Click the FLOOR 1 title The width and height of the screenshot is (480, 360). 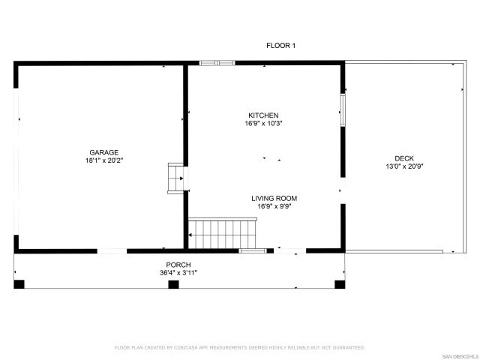coord(281,46)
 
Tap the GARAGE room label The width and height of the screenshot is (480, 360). coord(104,152)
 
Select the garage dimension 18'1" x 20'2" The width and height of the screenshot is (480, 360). coord(104,160)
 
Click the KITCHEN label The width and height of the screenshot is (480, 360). coord(264,115)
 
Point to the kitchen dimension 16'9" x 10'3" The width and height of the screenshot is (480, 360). coord(264,123)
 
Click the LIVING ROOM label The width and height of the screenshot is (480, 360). coord(274,198)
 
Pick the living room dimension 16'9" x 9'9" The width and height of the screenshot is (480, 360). coord(274,206)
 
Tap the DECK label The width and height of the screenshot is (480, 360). coord(404,158)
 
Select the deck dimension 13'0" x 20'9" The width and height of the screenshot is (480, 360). coord(404,166)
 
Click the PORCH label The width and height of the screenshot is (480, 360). coord(178,265)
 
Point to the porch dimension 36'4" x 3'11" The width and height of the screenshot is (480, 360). coord(178,273)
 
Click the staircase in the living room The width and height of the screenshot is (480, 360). coord(223,232)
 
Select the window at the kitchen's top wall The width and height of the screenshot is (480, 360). coord(217,63)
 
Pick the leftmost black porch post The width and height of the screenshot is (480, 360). coord(19,284)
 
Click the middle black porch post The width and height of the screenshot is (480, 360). coord(173,284)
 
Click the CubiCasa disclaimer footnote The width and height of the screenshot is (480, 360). coord(239,347)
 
